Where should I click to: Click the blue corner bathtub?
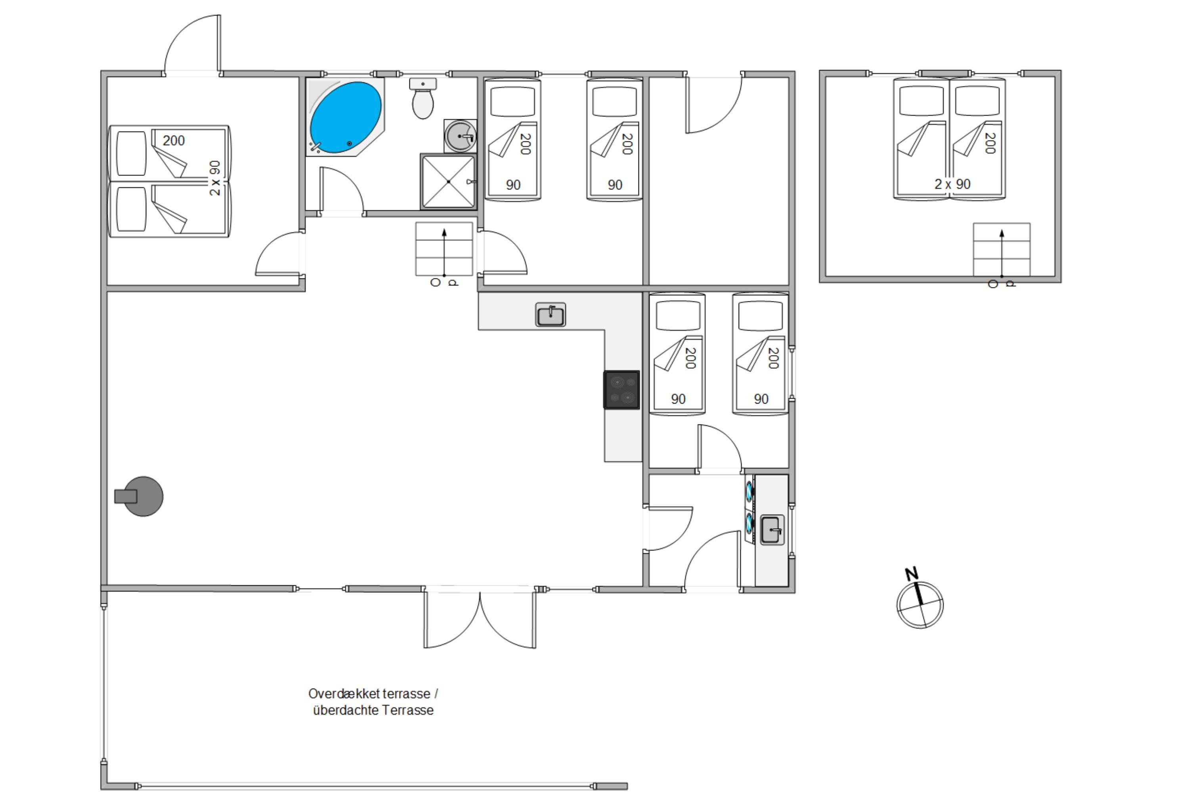tap(345, 117)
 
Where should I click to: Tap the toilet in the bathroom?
tap(422, 99)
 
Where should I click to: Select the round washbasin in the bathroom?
tap(461, 136)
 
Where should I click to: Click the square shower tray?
tap(448, 181)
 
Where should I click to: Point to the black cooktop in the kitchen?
tap(621, 390)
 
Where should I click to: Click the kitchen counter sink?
tap(551, 315)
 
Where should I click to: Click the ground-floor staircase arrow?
tap(444, 253)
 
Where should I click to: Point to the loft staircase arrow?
tap(1002, 253)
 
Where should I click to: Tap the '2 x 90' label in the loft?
tap(952, 185)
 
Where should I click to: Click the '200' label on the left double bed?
tap(174, 141)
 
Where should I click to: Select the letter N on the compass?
tap(911, 574)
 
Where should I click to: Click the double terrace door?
tap(480, 618)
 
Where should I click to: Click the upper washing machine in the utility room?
tap(749, 491)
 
